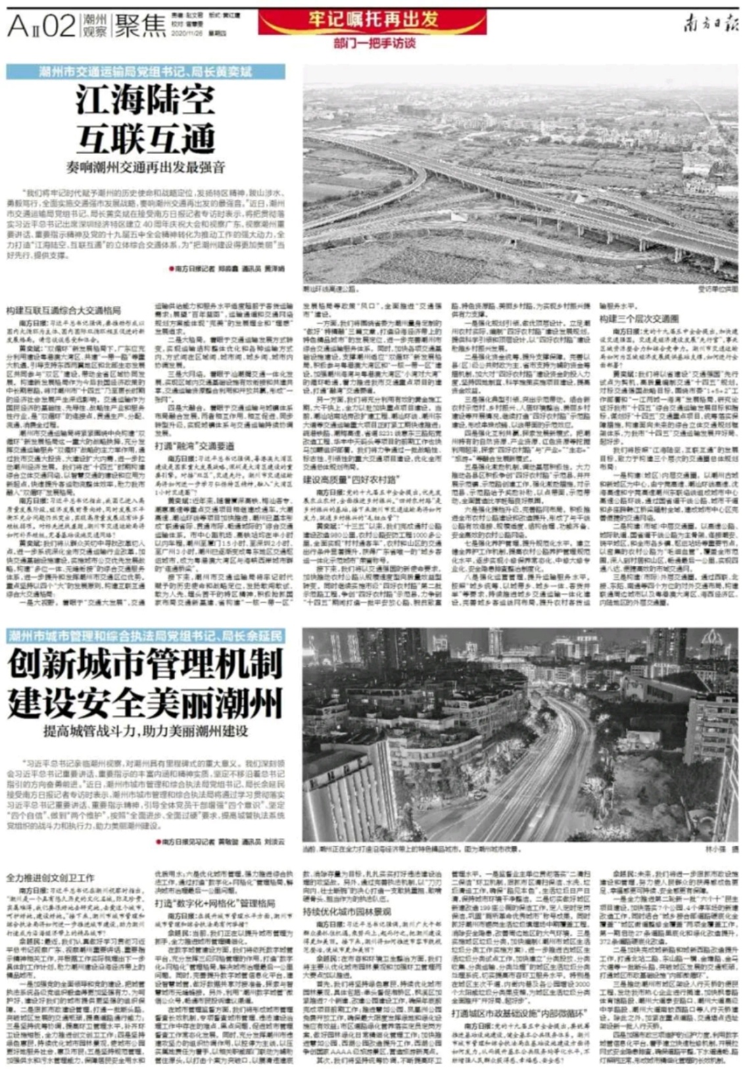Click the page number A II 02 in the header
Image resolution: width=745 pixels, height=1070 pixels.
coord(41,26)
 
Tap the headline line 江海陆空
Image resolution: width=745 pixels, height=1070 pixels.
coord(145,101)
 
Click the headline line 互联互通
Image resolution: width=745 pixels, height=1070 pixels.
coord(145,138)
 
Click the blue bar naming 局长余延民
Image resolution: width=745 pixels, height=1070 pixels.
coord(145,636)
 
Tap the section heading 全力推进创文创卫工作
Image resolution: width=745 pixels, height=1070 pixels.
coord(51,877)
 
